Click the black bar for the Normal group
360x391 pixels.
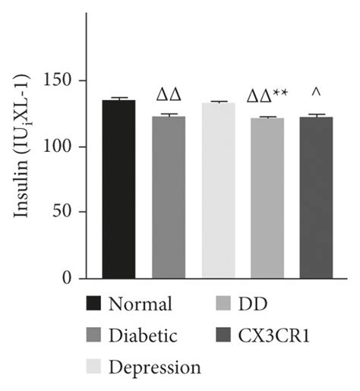(x=119, y=189)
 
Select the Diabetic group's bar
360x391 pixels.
(x=169, y=197)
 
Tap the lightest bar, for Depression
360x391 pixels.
(x=218, y=190)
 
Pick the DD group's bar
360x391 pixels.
(x=267, y=197)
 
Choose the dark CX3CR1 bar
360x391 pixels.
(x=317, y=197)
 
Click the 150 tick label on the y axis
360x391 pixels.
(x=61, y=81)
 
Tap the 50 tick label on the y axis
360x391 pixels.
(x=65, y=213)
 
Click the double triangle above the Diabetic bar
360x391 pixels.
(x=169, y=96)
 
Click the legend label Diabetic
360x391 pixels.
(x=144, y=336)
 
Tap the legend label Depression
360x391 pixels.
(x=155, y=367)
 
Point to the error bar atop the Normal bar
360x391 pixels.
(x=119, y=99)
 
